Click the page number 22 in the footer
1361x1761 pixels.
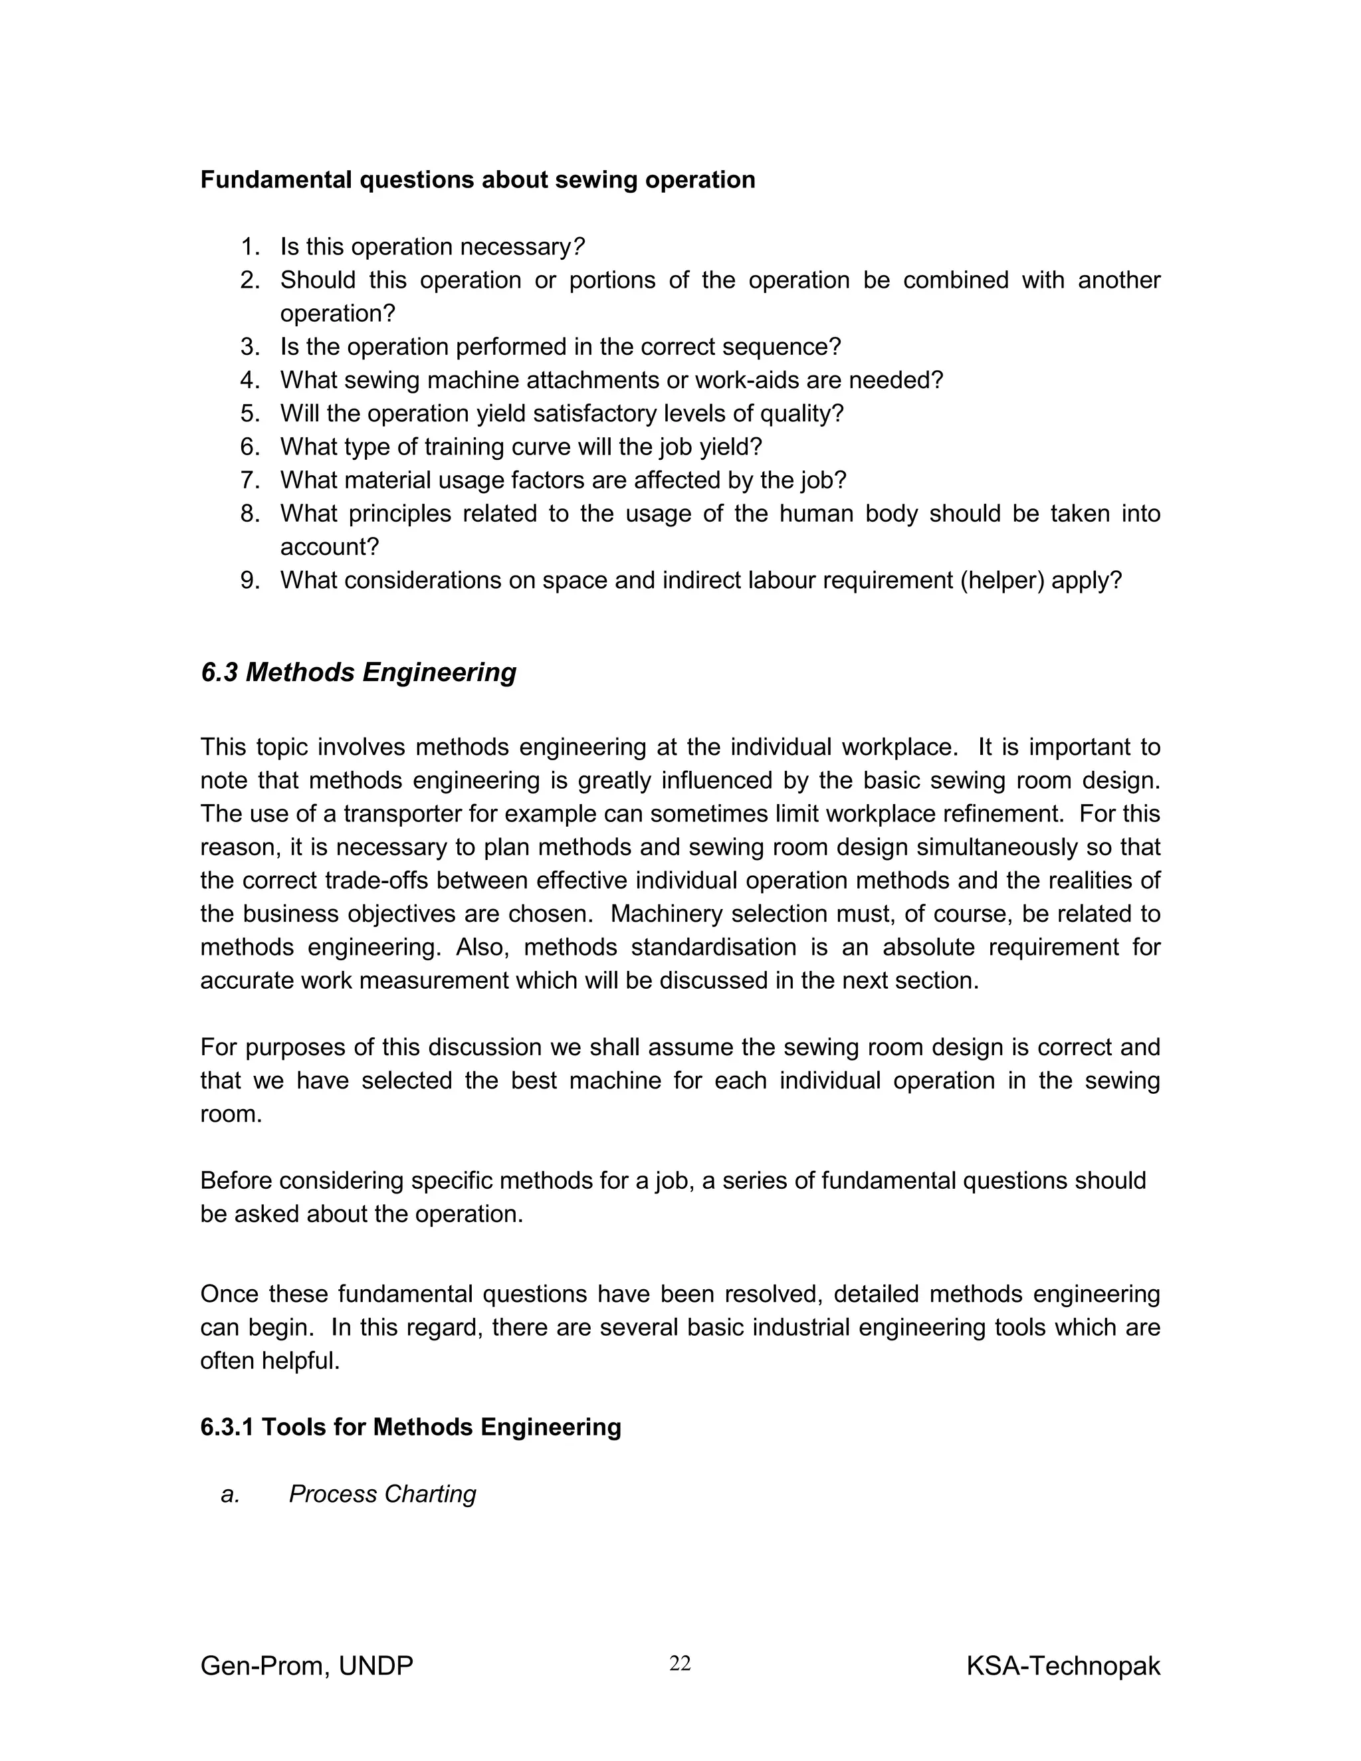click(680, 1663)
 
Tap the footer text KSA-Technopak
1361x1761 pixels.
click(1063, 1666)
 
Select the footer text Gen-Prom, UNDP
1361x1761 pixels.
click(306, 1666)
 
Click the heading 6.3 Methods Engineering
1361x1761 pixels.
click(358, 672)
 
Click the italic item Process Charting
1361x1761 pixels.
click(382, 1494)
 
